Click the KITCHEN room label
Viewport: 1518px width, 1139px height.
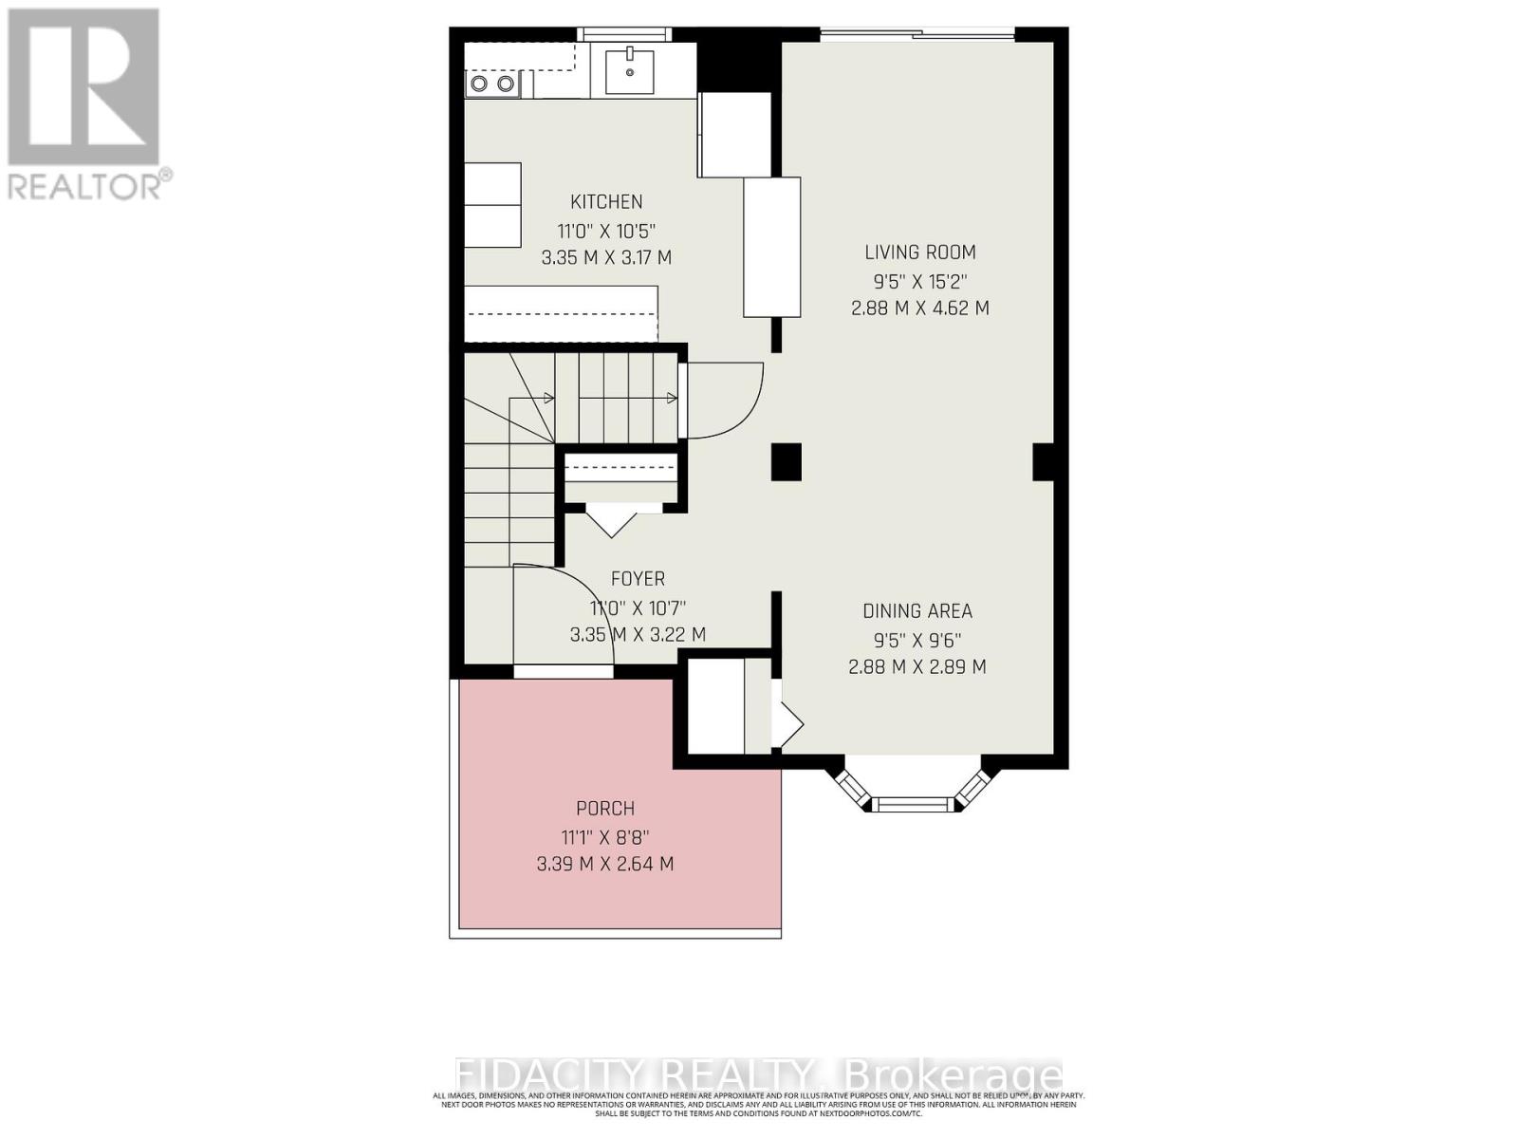point(606,201)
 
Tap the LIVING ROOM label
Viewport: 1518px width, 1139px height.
point(919,252)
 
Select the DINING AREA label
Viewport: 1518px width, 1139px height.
point(916,611)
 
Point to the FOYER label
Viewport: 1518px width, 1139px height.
point(638,578)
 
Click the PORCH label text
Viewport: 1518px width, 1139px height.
point(605,809)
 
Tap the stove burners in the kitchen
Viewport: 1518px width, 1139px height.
point(492,84)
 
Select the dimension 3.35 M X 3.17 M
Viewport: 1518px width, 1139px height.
point(606,257)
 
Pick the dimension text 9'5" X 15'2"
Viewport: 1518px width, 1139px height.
point(919,281)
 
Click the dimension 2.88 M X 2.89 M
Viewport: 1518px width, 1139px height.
point(916,667)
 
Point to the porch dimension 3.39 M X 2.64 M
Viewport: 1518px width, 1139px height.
point(605,864)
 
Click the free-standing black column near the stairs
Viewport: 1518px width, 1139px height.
point(786,462)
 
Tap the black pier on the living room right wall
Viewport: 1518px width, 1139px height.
point(1043,461)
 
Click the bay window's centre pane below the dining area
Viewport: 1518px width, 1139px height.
point(910,805)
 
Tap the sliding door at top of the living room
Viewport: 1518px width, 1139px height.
point(916,36)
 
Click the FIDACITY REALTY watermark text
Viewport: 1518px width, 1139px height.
point(759,1075)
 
